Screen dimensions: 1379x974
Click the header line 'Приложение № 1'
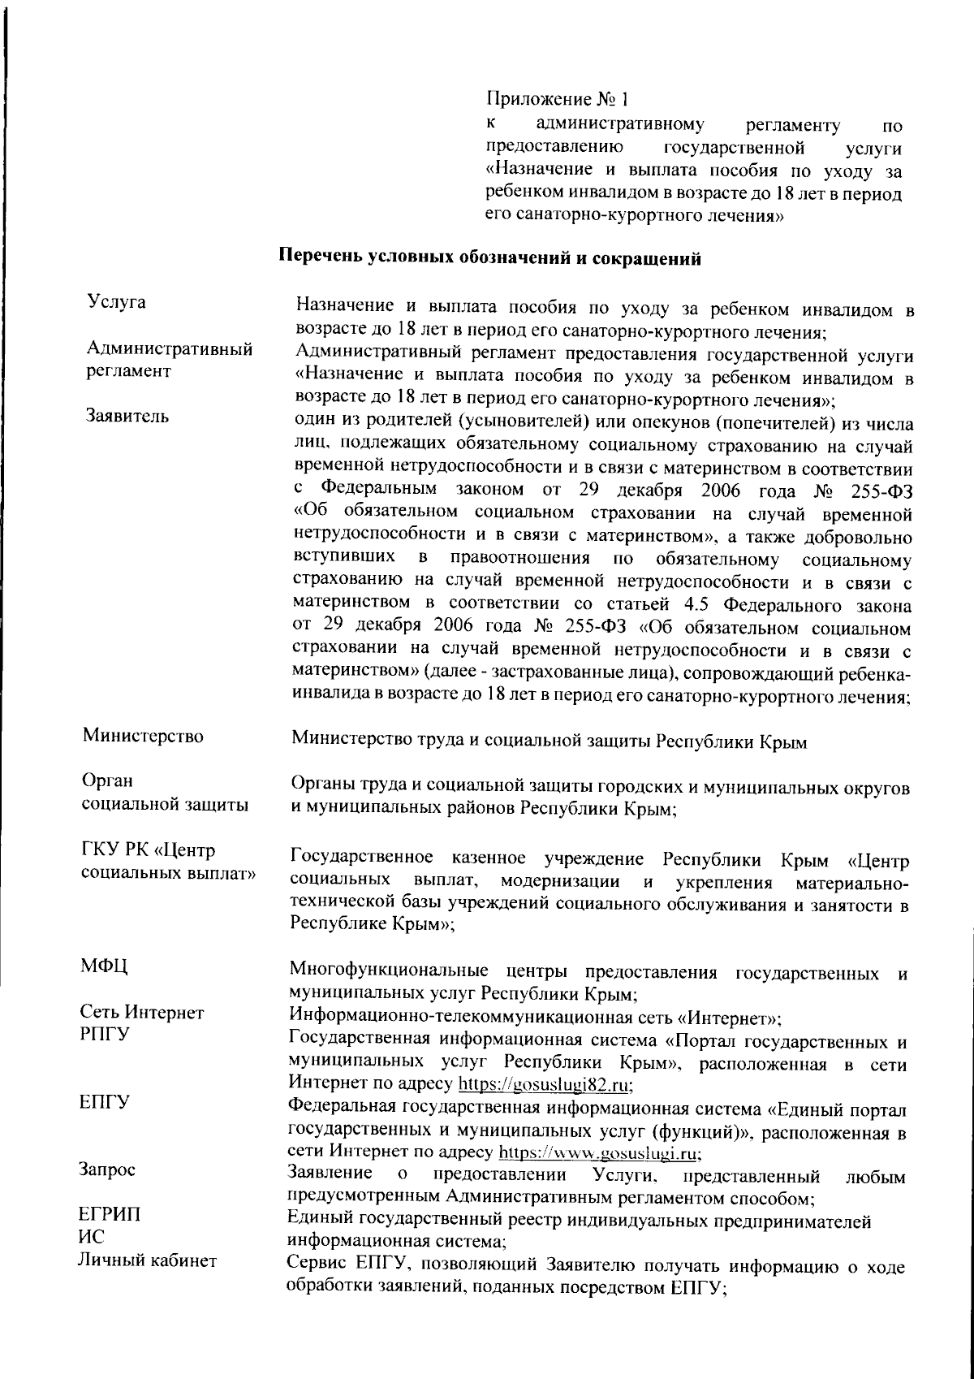click(558, 100)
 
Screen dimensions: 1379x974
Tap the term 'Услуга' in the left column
click(116, 302)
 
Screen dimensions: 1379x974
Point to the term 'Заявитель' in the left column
click(128, 417)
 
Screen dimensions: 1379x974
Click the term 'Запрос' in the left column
click(106, 1169)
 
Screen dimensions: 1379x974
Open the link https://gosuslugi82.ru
click(546, 1084)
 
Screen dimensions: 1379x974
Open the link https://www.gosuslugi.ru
click(599, 1152)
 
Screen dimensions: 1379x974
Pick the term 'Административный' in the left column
click(169, 349)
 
